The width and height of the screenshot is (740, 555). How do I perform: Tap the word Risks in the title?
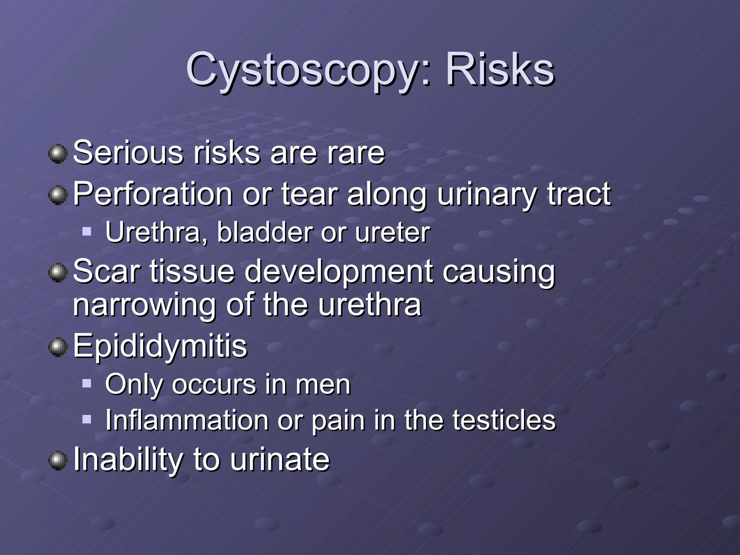coord(500,69)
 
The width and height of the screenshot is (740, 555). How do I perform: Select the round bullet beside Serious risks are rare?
coord(58,154)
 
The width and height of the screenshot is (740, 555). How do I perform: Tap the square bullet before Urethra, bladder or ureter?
coord(87,231)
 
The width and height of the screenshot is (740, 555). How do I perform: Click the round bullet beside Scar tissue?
coord(58,272)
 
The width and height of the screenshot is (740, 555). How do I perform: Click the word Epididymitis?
coord(160,346)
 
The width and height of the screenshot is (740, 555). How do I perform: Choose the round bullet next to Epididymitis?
coord(58,347)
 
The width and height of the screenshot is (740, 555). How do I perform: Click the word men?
coord(323,384)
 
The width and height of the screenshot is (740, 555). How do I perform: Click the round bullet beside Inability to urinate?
coord(58,461)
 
